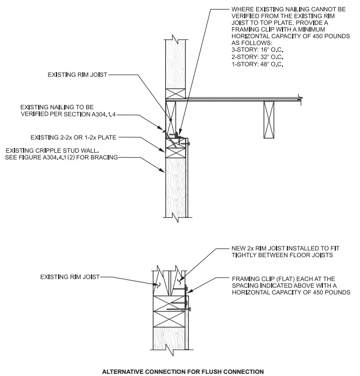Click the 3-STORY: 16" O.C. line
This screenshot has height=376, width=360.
tap(257, 50)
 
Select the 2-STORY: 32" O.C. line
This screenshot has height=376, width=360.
tap(257, 57)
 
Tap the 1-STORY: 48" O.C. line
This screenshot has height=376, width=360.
tap(257, 64)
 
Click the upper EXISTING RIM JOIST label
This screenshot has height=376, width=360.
tap(77, 75)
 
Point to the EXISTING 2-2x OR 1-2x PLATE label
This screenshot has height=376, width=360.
tap(73, 138)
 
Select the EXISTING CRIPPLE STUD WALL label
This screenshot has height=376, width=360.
tap(52, 151)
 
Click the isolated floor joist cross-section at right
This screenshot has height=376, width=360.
tap(269, 119)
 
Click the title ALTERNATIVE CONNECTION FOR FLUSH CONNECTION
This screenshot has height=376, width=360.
tap(183, 372)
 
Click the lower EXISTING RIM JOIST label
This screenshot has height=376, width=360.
tap(70, 277)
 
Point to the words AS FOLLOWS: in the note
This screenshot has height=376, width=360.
tap(252, 43)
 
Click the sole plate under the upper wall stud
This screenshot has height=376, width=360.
tap(175, 93)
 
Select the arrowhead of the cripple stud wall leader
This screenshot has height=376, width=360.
tap(163, 171)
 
